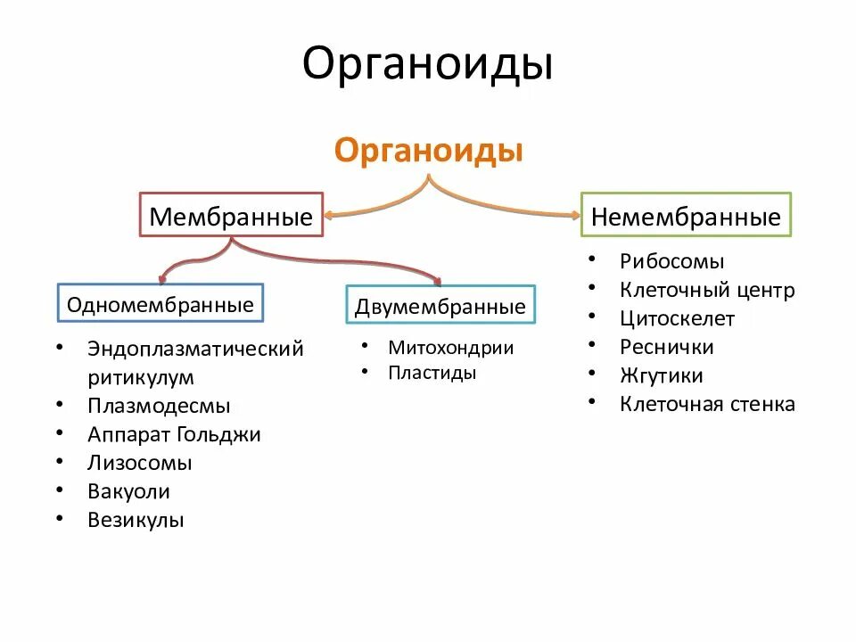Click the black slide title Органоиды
click(x=427, y=65)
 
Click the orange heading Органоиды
click(x=428, y=150)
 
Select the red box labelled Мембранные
click(x=231, y=215)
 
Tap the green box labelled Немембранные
click(x=686, y=215)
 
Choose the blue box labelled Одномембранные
click(x=160, y=305)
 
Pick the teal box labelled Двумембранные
click(x=440, y=307)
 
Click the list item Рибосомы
click(x=672, y=261)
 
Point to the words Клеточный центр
click(x=707, y=290)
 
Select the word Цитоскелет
click(x=678, y=318)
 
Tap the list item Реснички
click(x=667, y=347)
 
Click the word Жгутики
click(x=662, y=375)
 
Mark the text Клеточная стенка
click(x=707, y=404)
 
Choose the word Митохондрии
click(x=451, y=348)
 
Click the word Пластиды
click(x=432, y=373)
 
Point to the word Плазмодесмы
click(x=159, y=406)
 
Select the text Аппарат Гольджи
click(x=175, y=434)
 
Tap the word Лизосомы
click(x=140, y=463)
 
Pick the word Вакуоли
click(x=129, y=491)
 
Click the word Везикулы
click(x=136, y=520)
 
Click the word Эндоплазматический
click(x=196, y=349)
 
